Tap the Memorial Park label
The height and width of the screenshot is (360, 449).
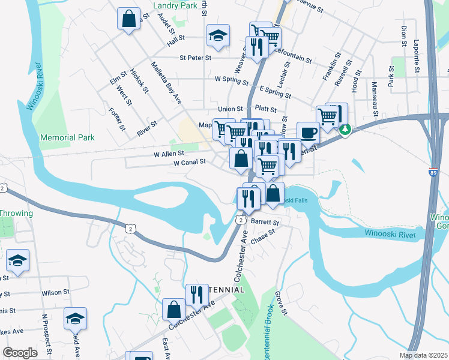(67, 137)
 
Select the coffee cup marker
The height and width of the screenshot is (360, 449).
(308, 133)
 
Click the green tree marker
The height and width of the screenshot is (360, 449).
(345, 128)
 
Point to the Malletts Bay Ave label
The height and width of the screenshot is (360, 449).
(166, 83)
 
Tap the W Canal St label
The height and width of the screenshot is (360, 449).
(189, 162)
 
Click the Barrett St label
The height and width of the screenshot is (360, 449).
(262, 221)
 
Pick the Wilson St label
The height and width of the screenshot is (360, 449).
(52, 293)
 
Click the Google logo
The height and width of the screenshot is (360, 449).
(20, 352)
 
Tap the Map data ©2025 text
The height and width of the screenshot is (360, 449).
(426, 355)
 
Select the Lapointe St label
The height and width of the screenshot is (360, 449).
(417, 56)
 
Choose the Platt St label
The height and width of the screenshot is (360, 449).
(265, 110)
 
